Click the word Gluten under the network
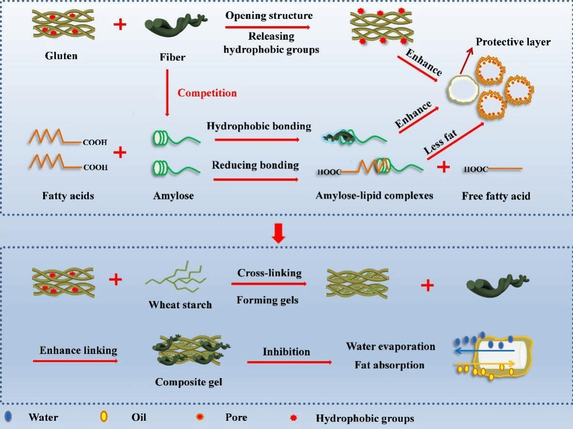pyautogui.click(x=61, y=56)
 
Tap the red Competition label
pyautogui.click(x=207, y=92)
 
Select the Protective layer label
pyautogui.click(x=513, y=42)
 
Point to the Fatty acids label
pyautogui.click(x=68, y=196)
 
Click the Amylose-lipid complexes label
pyautogui.click(x=374, y=196)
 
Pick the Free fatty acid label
pyautogui.click(x=496, y=196)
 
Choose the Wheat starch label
pyautogui.click(x=180, y=305)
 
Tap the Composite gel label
pyautogui.click(x=189, y=382)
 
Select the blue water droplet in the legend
pyautogui.click(x=9, y=416)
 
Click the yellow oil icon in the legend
pyautogui.click(x=104, y=417)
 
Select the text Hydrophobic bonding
pyautogui.click(x=258, y=126)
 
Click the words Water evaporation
pyautogui.click(x=390, y=346)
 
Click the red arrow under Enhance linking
pyautogui.click(x=75, y=361)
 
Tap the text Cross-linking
pyautogui.click(x=269, y=273)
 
